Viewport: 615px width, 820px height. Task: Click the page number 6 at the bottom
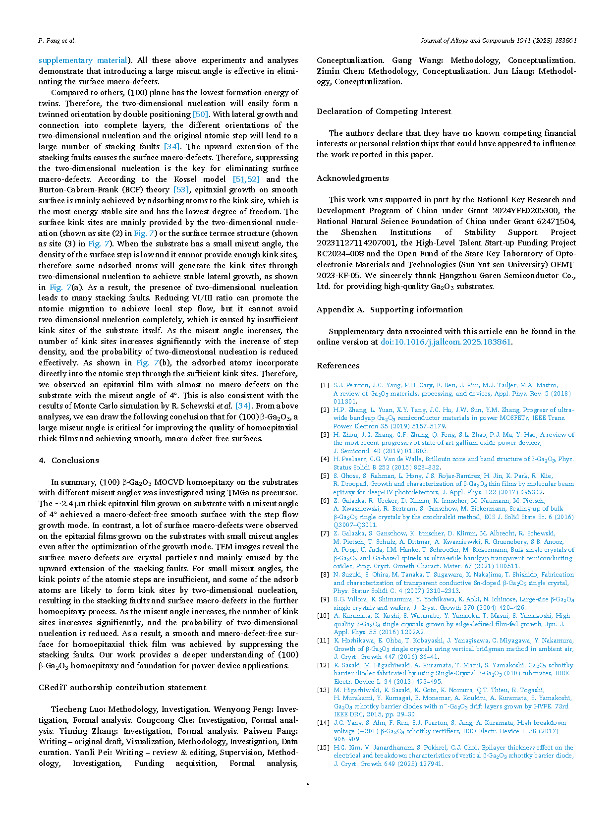pyautogui.click(x=308, y=785)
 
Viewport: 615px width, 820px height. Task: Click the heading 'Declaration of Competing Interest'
pyautogui.click(x=384, y=112)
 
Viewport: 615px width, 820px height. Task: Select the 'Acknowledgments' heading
pyautogui.click(x=353, y=178)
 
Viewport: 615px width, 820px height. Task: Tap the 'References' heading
pyautogui.click(x=338, y=366)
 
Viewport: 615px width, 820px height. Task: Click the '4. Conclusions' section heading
pyautogui.click(x=69, y=461)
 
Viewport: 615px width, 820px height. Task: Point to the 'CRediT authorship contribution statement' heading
pyautogui.click(x=122, y=688)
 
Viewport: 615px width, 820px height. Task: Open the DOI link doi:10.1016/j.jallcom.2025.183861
pyautogui.click(x=446, y=342)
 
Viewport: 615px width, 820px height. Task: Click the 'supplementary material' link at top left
pyautogui.click(x=83, y=60)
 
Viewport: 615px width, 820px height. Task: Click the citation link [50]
pyautogui.click(x=200, y=115)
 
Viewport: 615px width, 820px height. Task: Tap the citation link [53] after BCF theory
pyautogui.click(x=181, y=190)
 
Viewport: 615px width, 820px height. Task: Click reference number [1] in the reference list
pyautogui.click(x=324, y=385)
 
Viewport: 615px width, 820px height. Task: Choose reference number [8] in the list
pyautogui.click(x=324, y=575)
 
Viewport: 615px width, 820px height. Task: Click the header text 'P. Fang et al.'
pyautogui.click(x=57, y=41)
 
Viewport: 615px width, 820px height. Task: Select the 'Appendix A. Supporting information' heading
pyautogui.click(x=390, y=310)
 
